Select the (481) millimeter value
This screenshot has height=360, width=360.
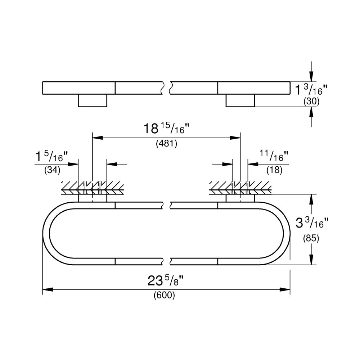(x=166, y=144)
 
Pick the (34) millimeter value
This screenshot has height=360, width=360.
(x=52, y=170)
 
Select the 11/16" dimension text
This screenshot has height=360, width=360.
(x=274, y=156)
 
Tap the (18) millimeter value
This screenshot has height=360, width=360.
(x=274, y=170)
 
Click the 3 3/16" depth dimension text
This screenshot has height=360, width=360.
(x=312, y=223)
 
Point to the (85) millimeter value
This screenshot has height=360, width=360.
(x=312, y=238)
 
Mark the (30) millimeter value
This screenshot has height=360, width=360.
(x=312, y=102)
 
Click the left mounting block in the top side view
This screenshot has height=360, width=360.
(x=93, y=100)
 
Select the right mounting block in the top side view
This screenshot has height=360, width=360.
(x=240, y=100)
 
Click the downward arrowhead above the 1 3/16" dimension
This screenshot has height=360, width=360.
(x=311, y=77)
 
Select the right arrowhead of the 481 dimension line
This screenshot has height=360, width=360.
(x=235, y=137)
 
